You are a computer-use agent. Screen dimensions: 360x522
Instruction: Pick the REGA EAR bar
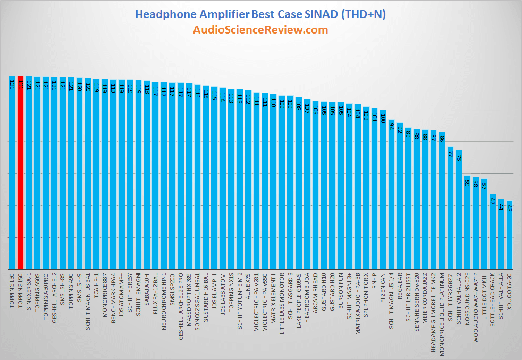(400, 197)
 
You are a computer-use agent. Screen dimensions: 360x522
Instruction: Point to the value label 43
(509, 207)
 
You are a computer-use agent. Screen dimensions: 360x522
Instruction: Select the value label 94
(391, 126)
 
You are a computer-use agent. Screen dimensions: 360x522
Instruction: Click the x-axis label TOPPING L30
(12, 289)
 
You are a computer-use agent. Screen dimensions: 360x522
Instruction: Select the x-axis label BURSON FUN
(341, 290)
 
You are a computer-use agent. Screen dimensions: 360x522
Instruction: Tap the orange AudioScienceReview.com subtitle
(260, 30)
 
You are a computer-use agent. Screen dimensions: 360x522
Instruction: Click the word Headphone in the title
(162, 14)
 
